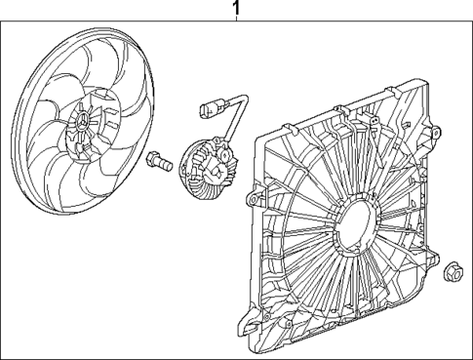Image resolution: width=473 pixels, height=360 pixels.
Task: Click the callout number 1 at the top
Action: click(x=234, y=9)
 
